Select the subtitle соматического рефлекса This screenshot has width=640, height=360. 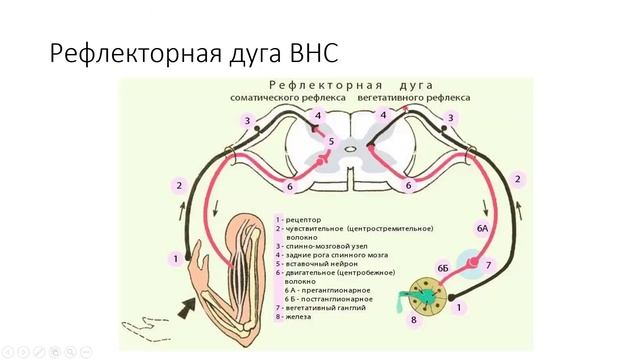coord(288,98)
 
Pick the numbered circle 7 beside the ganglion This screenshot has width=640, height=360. coord(488,266)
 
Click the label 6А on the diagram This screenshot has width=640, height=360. coord(481,229)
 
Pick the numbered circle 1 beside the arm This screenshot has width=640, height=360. coord(175,259)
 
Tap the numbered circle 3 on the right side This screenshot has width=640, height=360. coord(451,118)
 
